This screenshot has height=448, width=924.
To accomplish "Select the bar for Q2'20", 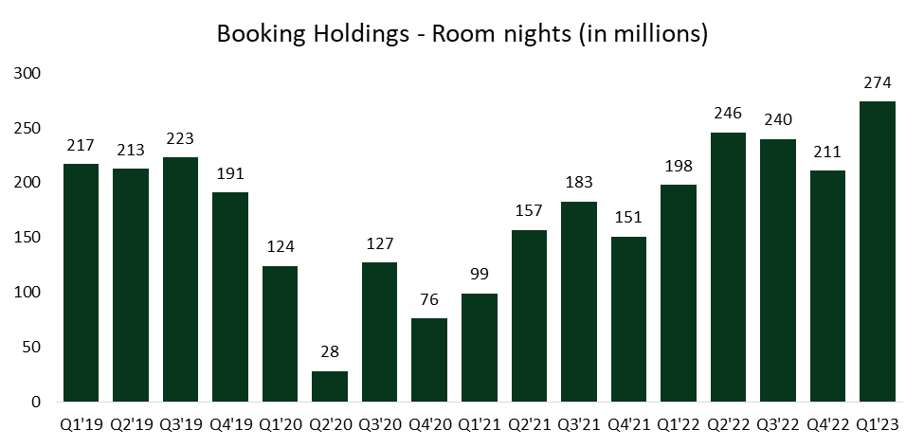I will coord(330,385).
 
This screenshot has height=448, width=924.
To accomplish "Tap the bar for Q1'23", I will coord(878,251).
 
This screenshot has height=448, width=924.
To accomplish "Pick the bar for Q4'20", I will coord(429,360).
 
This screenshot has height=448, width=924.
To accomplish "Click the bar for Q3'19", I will coord(180,279).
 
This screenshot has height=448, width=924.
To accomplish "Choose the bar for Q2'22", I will coord(728,267).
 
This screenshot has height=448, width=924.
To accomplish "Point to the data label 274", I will coord(878,82).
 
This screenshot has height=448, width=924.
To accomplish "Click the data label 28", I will coord(330,352).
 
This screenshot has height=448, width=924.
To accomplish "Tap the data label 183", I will coord(578,183).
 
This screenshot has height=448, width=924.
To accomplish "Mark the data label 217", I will coord(81,146).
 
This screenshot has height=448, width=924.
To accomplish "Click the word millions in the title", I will coord(661,34).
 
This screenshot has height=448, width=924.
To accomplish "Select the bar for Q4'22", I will coord(827,286).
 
